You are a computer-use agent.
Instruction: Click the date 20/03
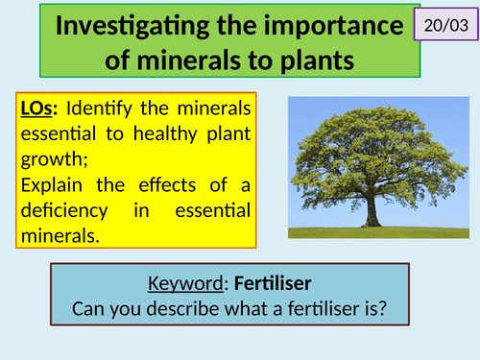click(444, 22)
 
